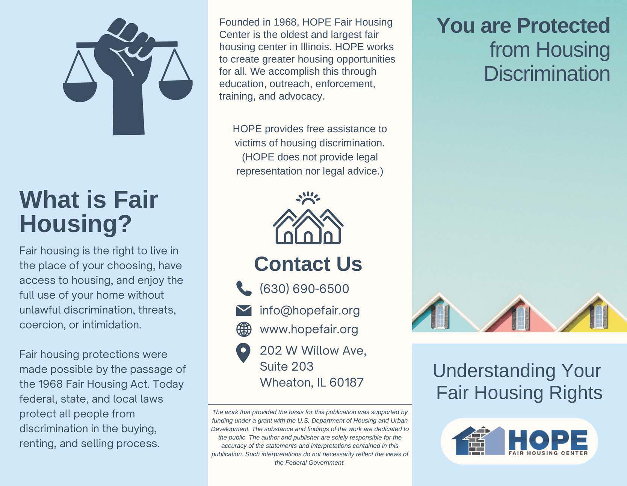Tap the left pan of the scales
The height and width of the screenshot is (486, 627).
click(x=80, y=92)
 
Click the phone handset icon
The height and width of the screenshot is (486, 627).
click(x=244, y=288)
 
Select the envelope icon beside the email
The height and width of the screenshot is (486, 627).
click(x=244, y=310)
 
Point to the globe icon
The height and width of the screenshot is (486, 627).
click(x=244, y=329)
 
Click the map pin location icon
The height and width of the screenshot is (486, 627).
click(x=243, y=353)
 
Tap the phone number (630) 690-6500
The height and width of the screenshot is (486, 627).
click(x=304, y=288)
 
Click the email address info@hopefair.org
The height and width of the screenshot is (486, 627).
click(x=310, y=310)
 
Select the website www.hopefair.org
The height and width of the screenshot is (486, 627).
click(x=309, y=329)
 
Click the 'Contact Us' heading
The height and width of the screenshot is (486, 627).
click(x=308, y=264)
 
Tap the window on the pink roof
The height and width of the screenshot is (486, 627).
click(x=521, y=317)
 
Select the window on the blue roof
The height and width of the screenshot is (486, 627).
click(x=440, y=316)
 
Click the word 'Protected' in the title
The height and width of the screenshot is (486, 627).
click(x=563, y=26)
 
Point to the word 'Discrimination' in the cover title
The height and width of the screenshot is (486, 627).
click(x=547, y=74)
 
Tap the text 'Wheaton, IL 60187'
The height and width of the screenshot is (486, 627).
click(x=312, y=382)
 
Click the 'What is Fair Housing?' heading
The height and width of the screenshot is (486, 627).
click(x=89, y=211)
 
